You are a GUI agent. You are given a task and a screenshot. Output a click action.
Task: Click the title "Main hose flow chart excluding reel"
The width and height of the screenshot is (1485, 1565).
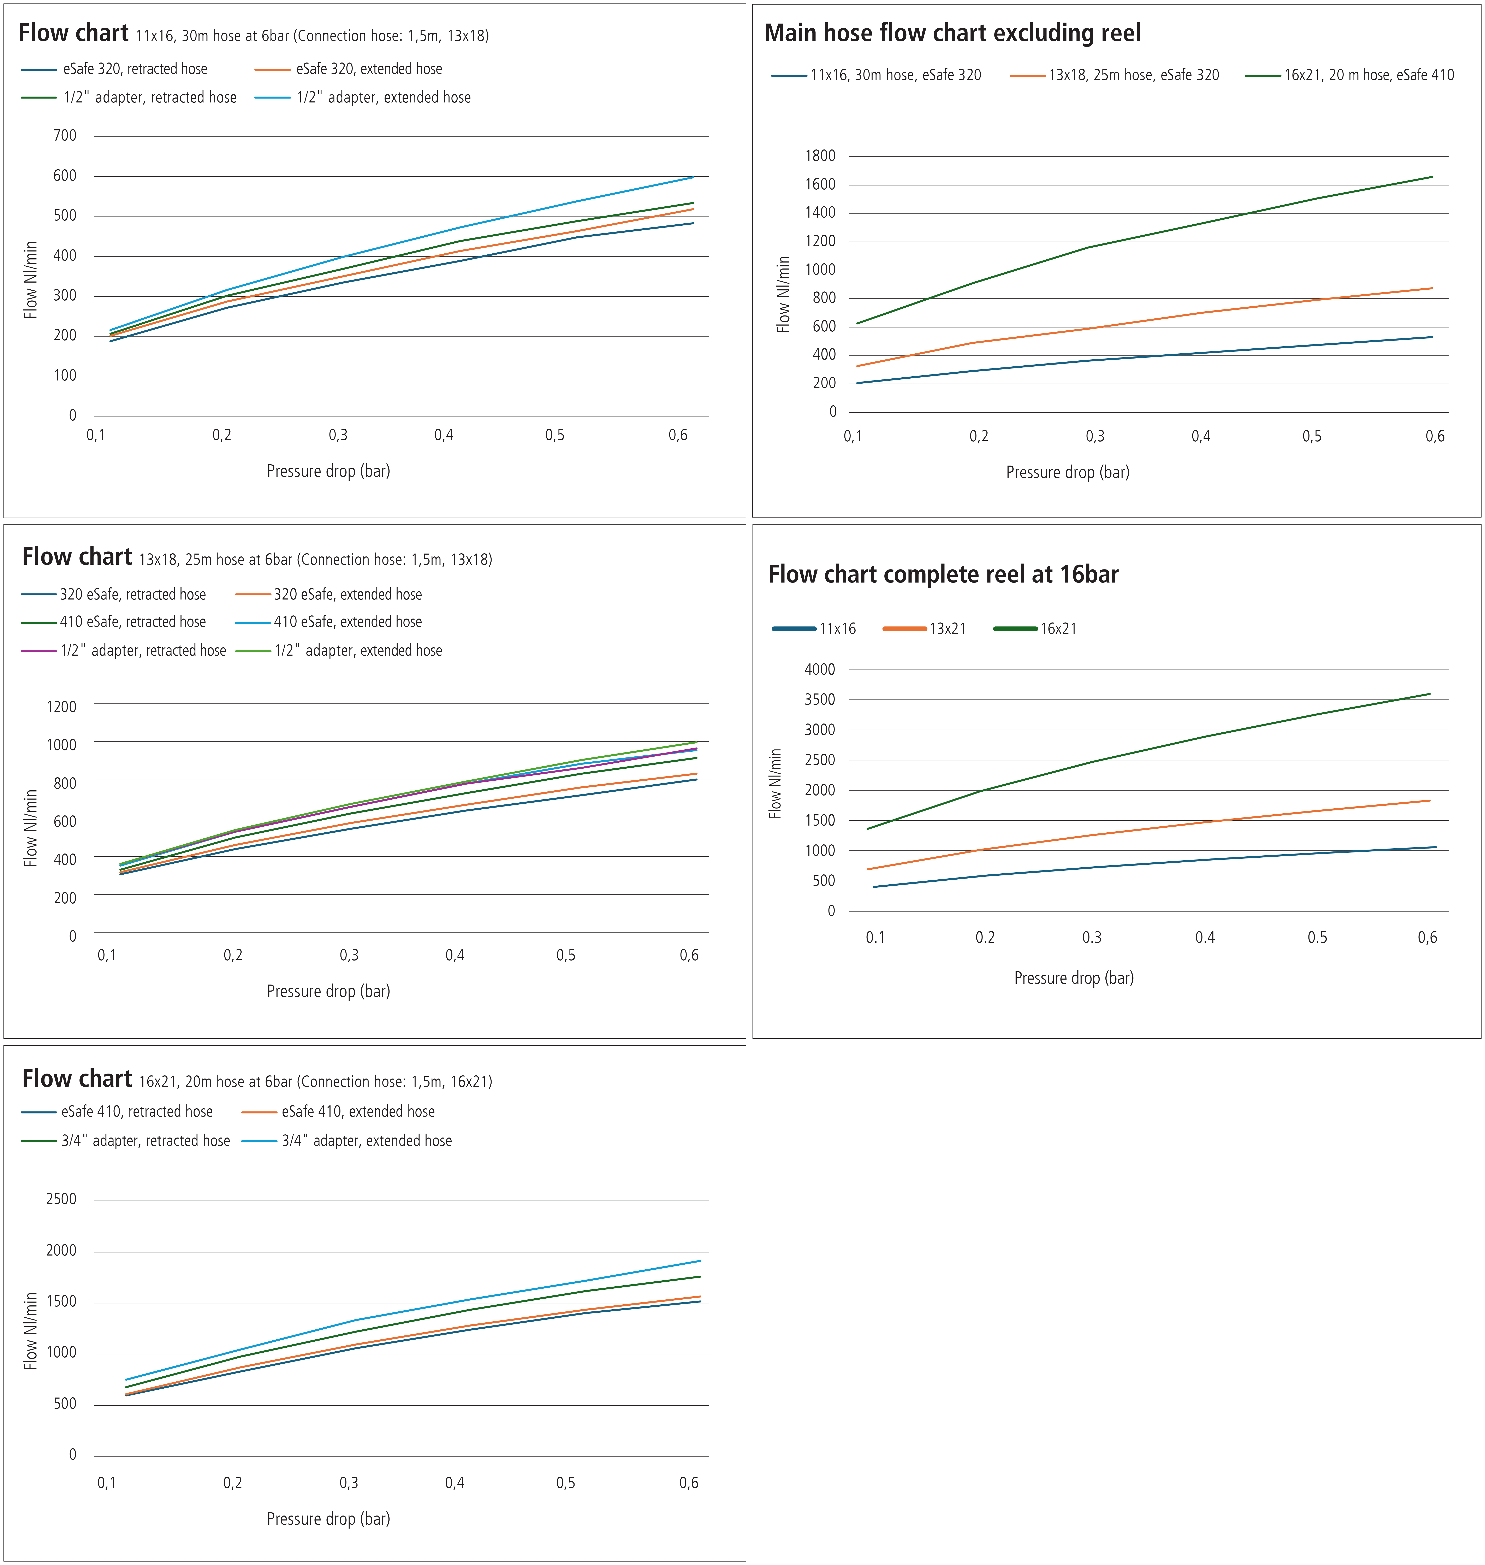tap(952, 33)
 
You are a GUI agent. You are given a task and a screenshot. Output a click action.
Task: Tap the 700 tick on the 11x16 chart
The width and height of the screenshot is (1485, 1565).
tap(65, 135)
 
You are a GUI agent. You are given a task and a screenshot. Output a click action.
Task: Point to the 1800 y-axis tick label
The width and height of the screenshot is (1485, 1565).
tap(820, 156)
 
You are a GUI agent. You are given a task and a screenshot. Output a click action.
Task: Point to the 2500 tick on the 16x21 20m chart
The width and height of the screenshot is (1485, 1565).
tap(62, 1199)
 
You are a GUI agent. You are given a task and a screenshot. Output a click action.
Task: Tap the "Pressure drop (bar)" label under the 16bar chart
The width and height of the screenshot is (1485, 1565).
tap(1073, 978)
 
